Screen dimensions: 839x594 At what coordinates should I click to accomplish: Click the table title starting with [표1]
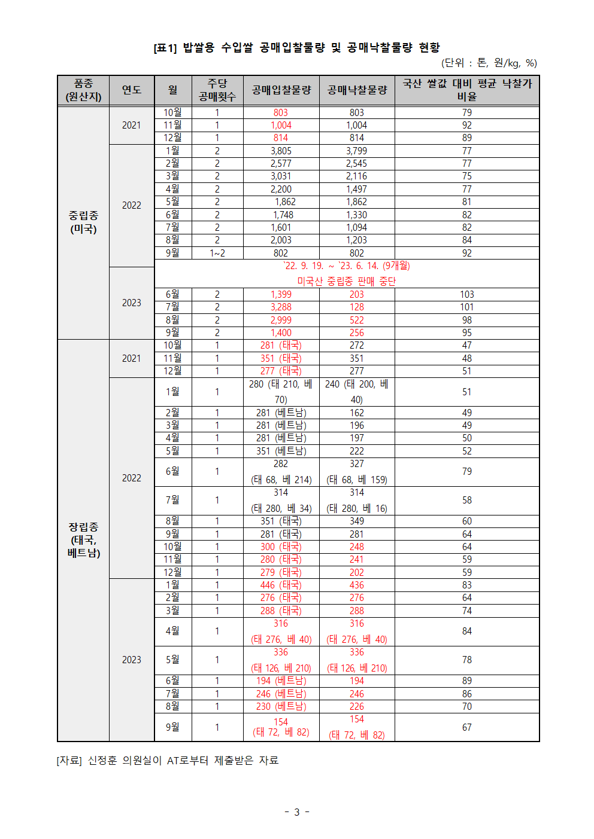296,48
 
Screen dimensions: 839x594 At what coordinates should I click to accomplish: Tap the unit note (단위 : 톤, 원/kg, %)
489,63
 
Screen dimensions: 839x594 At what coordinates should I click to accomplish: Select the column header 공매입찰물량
281,90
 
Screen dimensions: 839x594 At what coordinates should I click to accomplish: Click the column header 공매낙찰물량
357,90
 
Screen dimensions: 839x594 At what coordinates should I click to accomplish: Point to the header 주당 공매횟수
217,90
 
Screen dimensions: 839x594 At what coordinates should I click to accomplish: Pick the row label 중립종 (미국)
83,222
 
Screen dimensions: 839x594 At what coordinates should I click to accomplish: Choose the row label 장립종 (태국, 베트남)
83,540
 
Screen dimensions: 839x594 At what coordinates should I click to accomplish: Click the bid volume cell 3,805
281,151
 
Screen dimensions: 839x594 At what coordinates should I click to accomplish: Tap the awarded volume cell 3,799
356,151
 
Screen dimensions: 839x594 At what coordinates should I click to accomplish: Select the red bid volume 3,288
281,307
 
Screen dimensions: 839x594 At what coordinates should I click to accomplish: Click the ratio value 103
466,295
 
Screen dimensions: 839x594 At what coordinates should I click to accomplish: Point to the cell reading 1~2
217,254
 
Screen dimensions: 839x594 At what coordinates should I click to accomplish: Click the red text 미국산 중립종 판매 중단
346,281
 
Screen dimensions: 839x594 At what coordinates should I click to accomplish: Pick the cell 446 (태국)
281,585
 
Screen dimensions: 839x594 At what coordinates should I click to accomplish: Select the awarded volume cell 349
356,521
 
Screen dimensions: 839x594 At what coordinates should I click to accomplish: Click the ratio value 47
466,346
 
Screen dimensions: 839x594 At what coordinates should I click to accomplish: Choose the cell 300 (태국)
281,547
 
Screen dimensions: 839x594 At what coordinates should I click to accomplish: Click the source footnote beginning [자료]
168,761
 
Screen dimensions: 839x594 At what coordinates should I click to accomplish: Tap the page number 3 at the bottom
296,812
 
